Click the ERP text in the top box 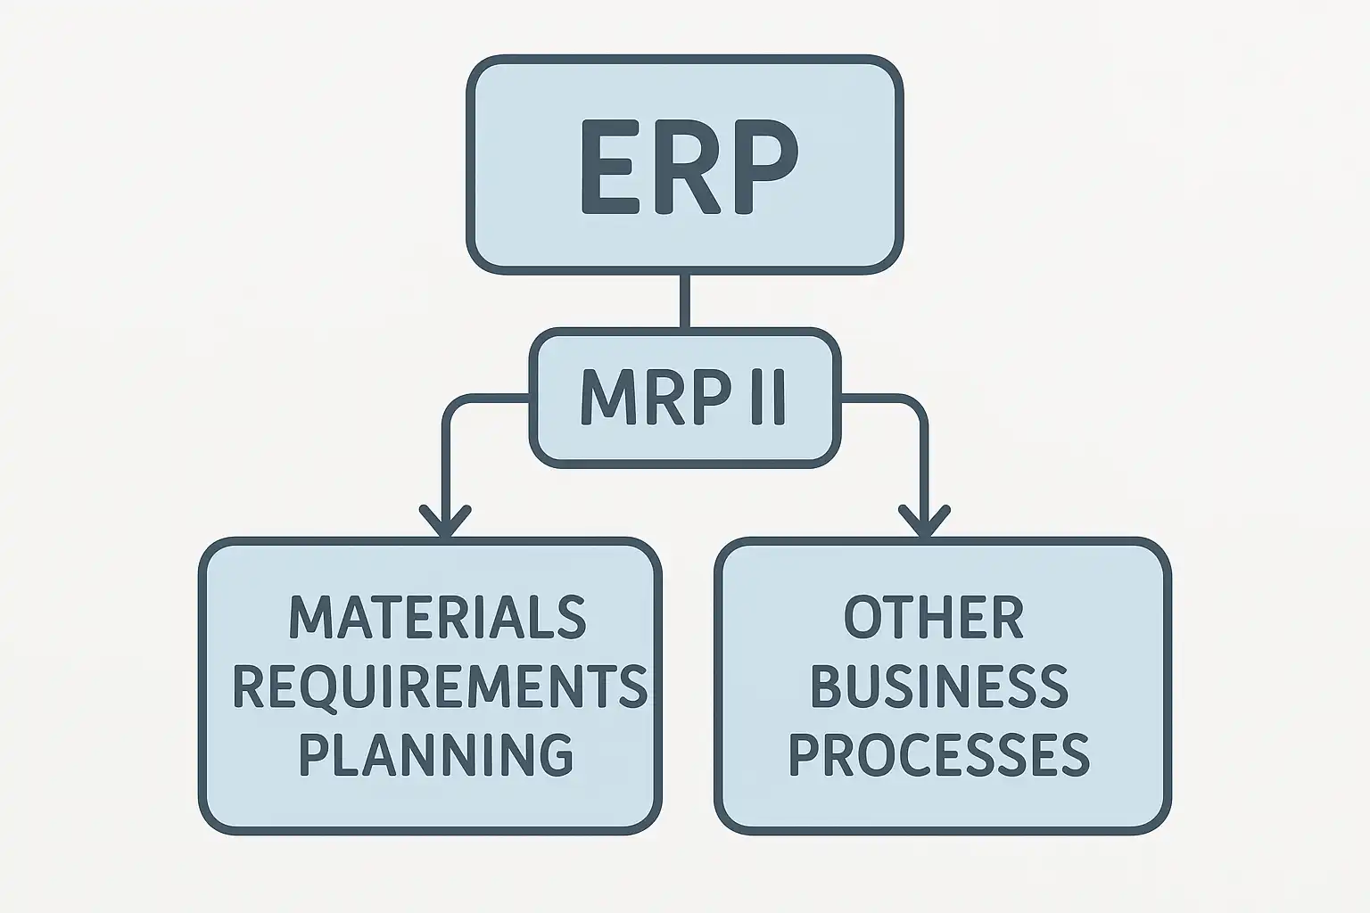(685, 167)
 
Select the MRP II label (683, 398)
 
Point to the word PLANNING (435, 753)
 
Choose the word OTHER (933, 617)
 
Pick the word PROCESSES (939, 753)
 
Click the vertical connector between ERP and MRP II (685, 301)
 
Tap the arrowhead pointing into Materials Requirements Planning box (445, 521)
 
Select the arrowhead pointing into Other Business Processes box (925, 521)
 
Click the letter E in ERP (608, 167)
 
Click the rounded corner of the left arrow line (453, 406)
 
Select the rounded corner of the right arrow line (917, 406)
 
